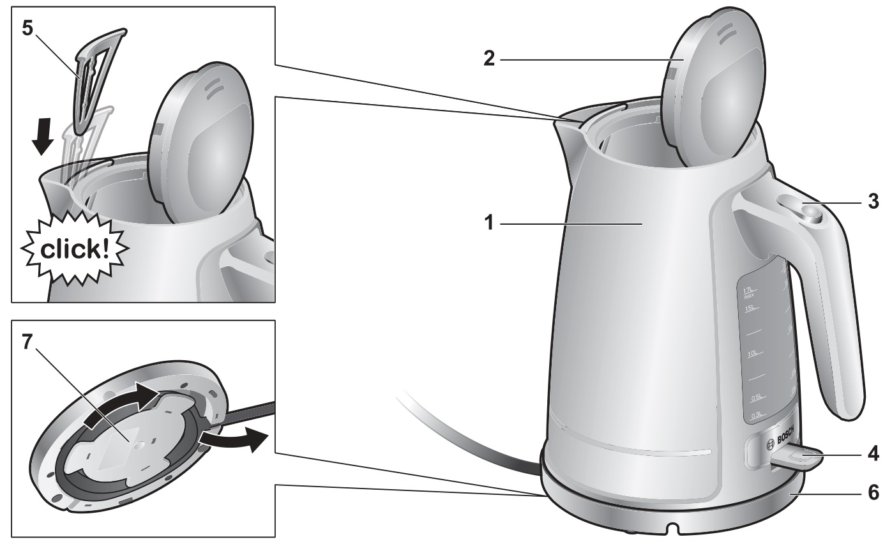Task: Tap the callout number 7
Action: [x=26, y=342]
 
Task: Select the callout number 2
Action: [x=488, y=59]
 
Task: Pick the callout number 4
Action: [x=873, y=455]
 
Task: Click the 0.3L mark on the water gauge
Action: [x=757, y=415]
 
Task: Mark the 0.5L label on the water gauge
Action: [x=757, y=398]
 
